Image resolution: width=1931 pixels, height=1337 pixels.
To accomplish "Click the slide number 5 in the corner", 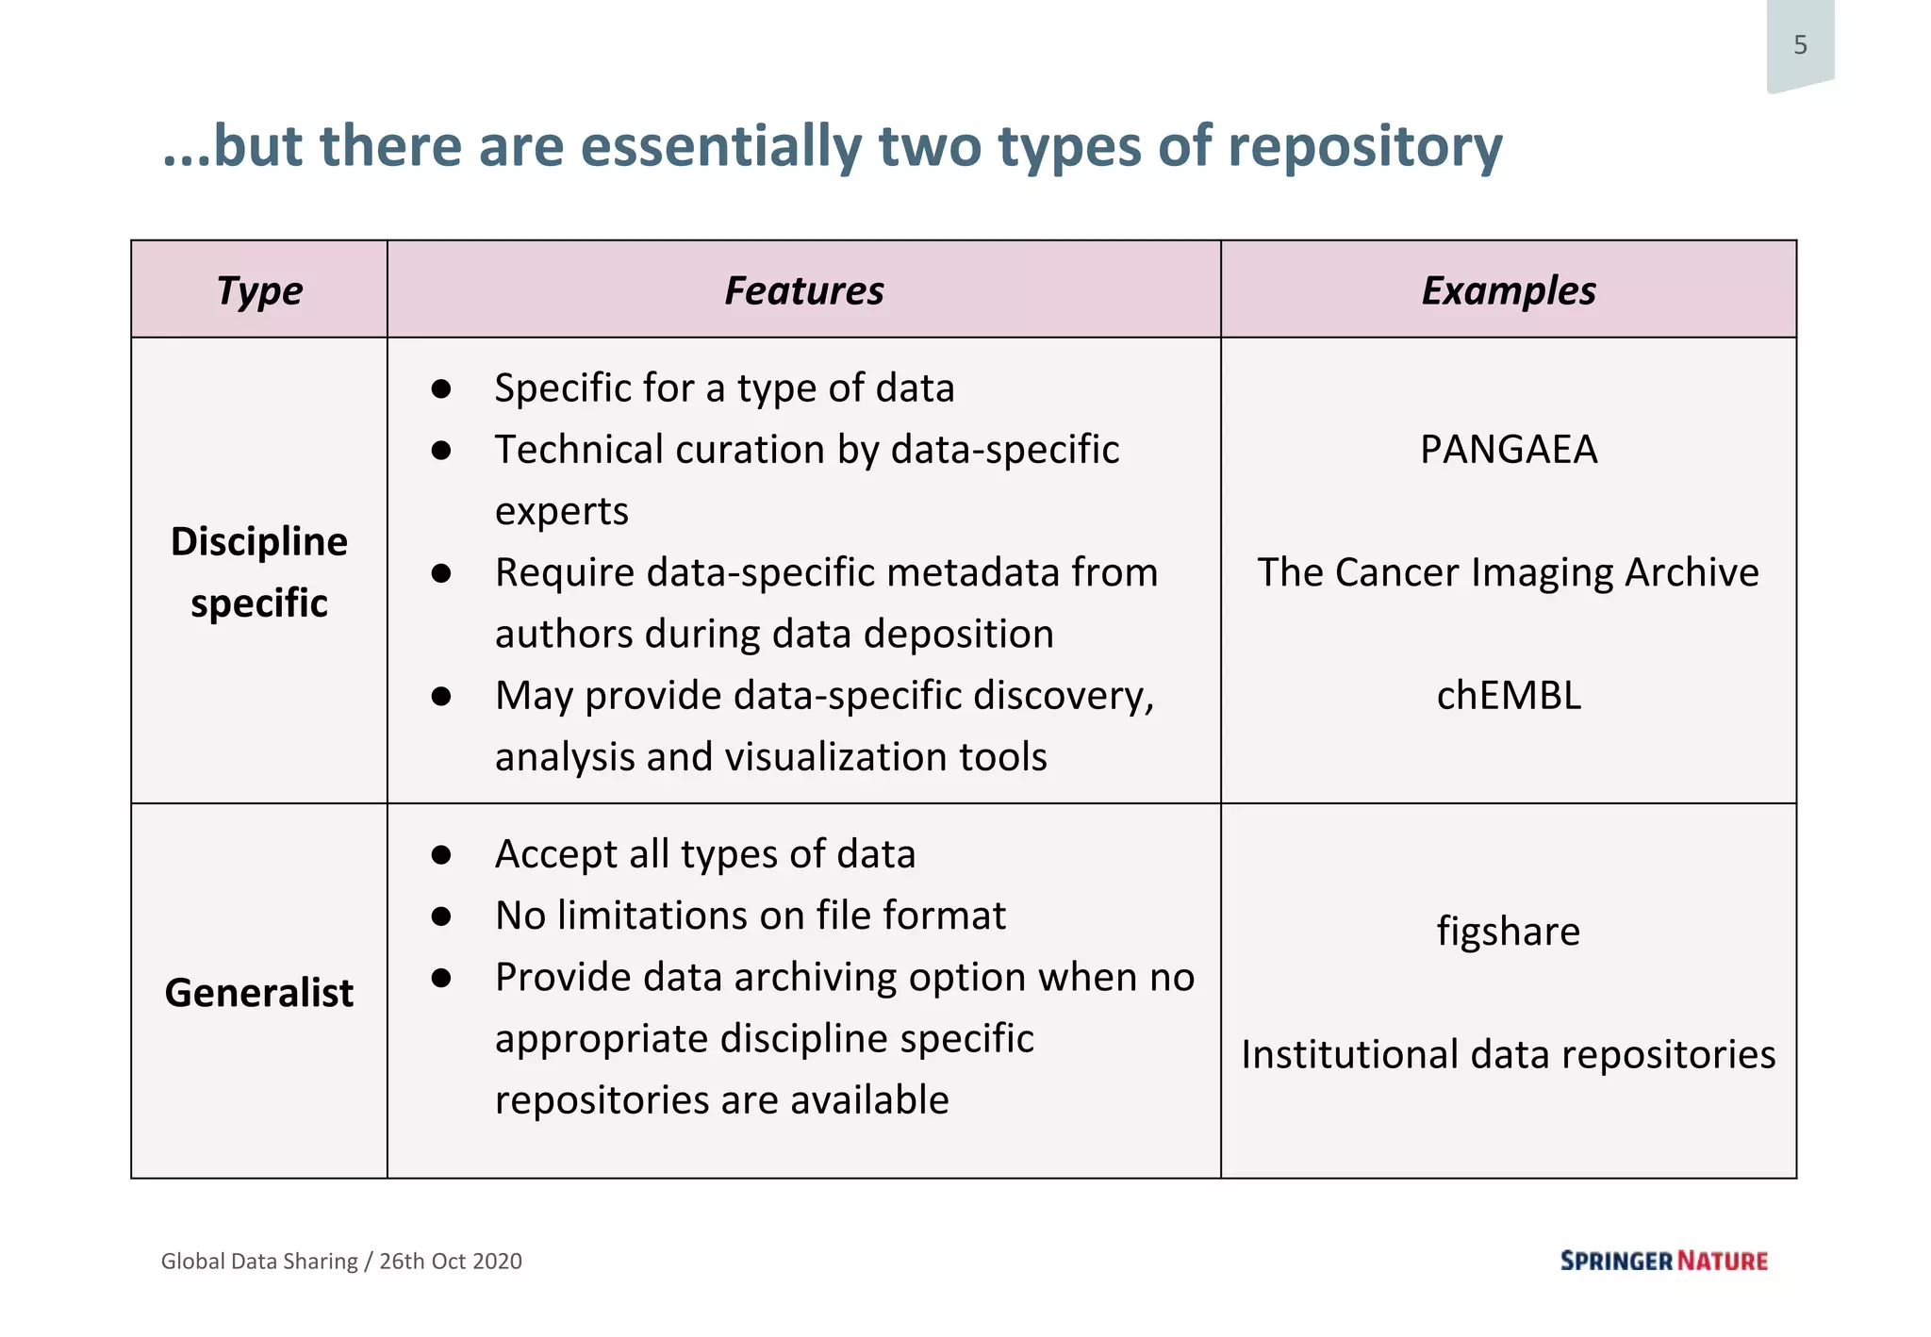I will click(1800, 45).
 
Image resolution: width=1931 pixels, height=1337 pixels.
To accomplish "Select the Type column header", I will click(259, 290).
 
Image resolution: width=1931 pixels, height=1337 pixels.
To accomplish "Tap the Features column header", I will click(803, 290).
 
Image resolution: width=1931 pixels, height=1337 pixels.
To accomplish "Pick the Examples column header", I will click(1508, 290).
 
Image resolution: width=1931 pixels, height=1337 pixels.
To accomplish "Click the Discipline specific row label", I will click(259, 571).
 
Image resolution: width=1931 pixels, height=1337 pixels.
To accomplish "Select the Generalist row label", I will click(259, 993).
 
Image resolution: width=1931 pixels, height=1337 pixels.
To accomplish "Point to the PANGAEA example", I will click(1508, 450).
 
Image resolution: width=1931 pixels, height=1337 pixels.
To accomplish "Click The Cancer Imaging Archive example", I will click(1508, 572).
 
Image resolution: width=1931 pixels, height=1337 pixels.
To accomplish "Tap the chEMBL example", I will click(1508, 696).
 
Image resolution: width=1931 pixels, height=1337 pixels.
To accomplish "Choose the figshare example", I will click(1508, 932).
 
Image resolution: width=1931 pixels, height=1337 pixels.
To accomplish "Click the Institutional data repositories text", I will click(1508, 1054).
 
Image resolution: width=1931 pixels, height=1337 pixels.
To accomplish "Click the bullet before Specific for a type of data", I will click(440, 389).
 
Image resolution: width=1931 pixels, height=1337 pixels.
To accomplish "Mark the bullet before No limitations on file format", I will click(440, 916).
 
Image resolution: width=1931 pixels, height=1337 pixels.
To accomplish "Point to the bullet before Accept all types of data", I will click(440, 855).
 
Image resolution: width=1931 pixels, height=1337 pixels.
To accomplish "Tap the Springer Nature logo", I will click(1663, 1261).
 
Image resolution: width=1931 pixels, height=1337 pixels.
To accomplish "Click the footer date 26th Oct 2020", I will click(451, 1262).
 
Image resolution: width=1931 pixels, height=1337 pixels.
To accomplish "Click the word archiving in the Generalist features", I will click(816, 978).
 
